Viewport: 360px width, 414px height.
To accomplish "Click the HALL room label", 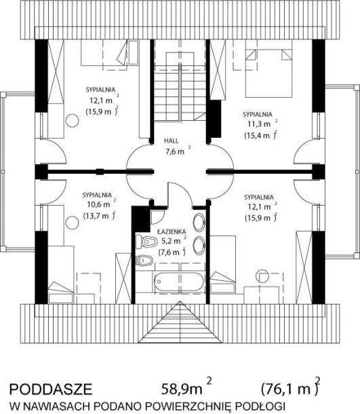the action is coord(172,140).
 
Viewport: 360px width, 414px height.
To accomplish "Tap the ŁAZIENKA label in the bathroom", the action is coord(168,231).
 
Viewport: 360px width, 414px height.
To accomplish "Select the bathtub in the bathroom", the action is coord(179,282).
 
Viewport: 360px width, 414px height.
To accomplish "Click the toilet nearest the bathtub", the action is coord(144,261).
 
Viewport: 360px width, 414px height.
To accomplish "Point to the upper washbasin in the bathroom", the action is coord(199,223).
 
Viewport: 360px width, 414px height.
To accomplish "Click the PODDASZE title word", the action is coord(51,389).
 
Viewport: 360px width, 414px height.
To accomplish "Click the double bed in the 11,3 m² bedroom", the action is coord(268,69).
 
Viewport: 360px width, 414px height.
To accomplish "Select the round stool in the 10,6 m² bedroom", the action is coord(72,223).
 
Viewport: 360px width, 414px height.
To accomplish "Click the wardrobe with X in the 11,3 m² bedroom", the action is coord(218,70).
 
